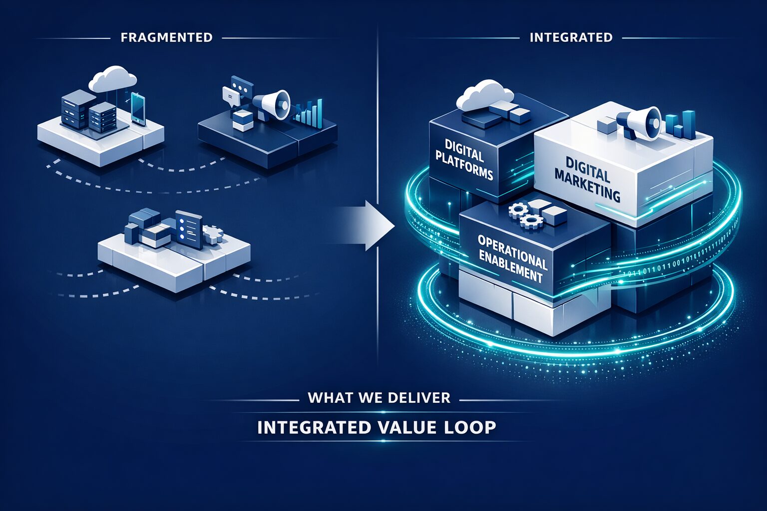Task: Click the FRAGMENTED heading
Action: pos(166,37)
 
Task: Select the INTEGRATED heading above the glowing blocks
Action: pos(571,37)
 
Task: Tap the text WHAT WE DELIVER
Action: pos(379,398)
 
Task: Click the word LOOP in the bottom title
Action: pos(472,428)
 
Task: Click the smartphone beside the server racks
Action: pos(138,108)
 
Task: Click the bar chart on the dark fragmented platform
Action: pos(309,112)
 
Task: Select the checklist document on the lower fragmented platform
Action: pos(189,229)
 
